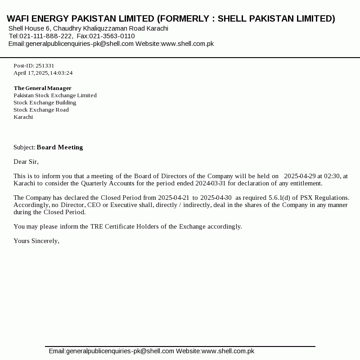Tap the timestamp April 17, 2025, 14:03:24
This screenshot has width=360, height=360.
(x=43, y=73)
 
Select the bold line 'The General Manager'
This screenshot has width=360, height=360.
(x=43, y=88)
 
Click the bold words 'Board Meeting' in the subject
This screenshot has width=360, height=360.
(x=60, y=148)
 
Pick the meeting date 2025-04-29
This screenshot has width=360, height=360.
(x=300, y=176)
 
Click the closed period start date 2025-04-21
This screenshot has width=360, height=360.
(x=173, y=198)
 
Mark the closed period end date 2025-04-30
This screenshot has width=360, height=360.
(x=216, y=198)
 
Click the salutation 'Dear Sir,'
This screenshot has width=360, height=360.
(x=26, y=162)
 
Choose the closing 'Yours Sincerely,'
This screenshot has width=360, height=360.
(x=36, y=241)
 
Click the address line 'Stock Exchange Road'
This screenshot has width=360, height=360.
(x=41, y=110)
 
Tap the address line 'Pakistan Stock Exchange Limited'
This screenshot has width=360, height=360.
(x=55, y=95)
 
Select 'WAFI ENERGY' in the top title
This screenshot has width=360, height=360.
(x=36, y=19)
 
